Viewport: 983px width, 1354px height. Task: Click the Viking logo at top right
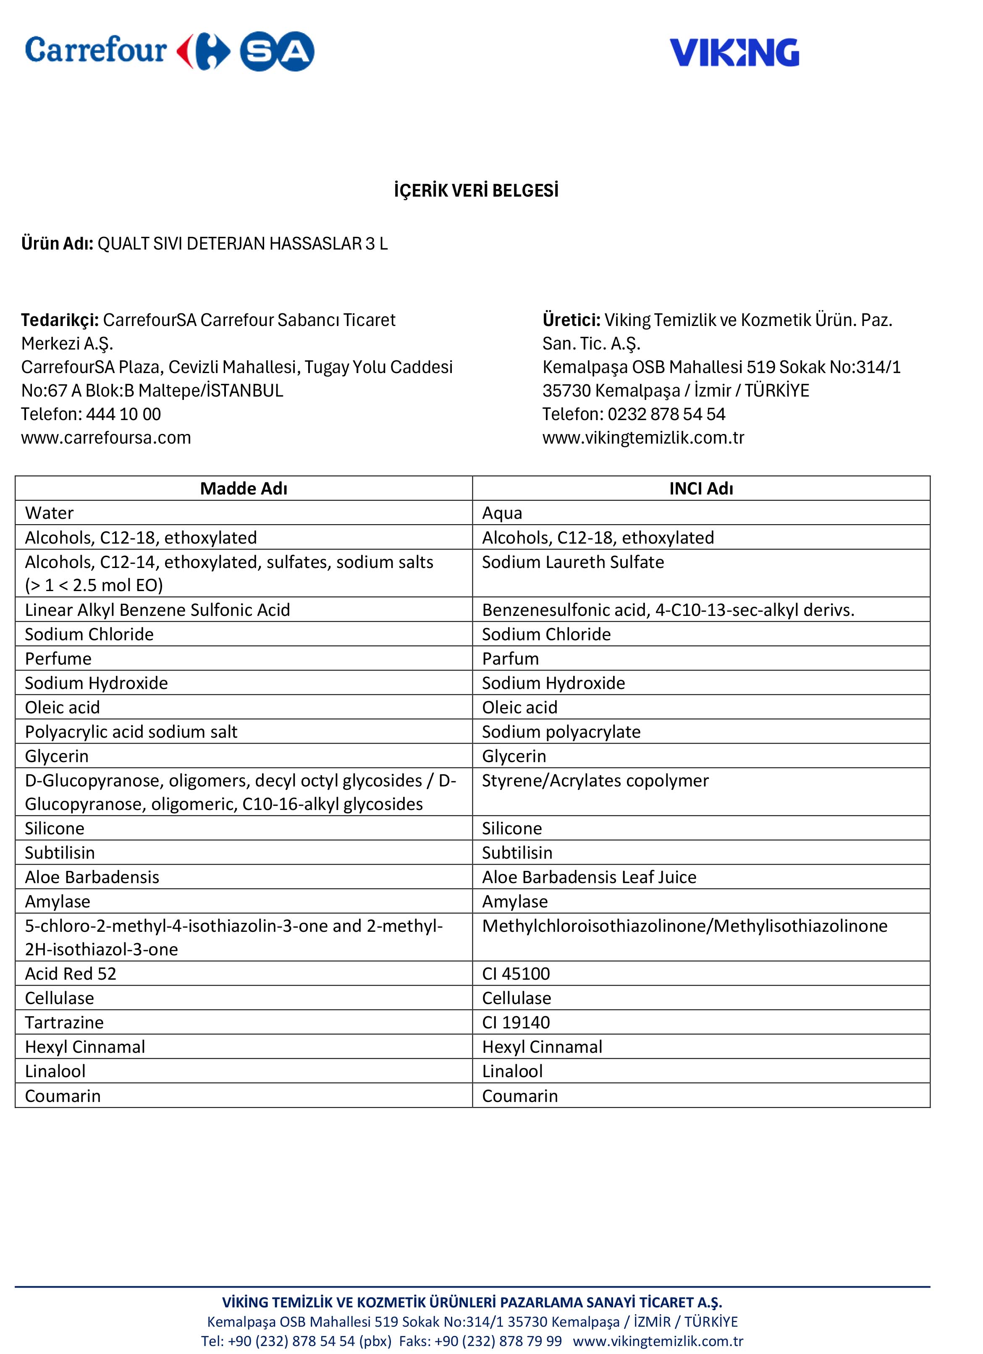734,53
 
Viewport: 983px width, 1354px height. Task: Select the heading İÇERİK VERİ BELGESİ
476,191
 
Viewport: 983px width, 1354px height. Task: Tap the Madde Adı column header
244,488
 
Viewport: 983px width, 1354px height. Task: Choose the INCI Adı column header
701,488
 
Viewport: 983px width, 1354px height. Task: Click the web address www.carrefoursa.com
106,438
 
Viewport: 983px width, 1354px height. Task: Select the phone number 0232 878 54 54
666,414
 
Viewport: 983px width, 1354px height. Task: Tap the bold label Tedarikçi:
60,320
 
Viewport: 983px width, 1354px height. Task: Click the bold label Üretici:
571,320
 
